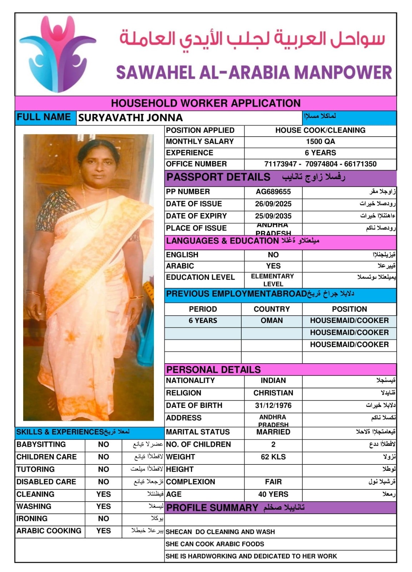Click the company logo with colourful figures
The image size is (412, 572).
[57, 54]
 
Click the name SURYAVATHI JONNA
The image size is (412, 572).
[130, 118]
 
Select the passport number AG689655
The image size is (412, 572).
[273, 192]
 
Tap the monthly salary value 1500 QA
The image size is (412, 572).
[320, 142]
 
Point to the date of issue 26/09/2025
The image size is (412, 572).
[273, 204]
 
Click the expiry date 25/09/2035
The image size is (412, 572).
[273, 216]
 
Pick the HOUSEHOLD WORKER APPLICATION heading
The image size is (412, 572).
[206, 103]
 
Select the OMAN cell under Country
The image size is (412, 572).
[271, 320]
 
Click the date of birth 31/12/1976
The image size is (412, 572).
[273, 405]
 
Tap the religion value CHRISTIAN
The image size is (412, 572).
[273, 393]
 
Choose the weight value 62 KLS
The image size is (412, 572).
[273, 457]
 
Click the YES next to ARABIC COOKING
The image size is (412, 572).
[104, 531]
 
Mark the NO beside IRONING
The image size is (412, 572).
[104, 518]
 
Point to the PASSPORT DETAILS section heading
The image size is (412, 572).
[218, 177]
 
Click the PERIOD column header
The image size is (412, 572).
[203, 309]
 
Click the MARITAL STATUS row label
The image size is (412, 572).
[198, 432]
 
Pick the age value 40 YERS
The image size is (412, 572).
[273, 494]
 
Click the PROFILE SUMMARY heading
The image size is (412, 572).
[212, 508]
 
